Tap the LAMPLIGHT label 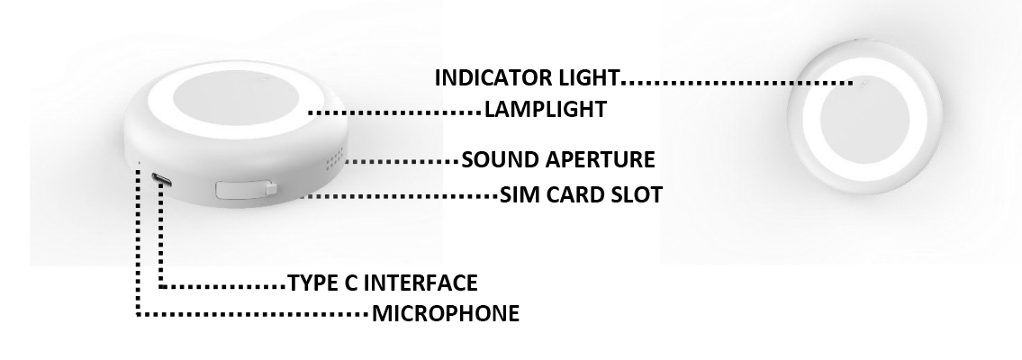pos(545,110)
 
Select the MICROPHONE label pos(445,314)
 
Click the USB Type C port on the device pos(162,178)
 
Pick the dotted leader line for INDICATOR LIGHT pos(738,83)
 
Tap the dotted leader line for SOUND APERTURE pos(401,163)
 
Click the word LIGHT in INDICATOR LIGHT pos(595,77)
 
